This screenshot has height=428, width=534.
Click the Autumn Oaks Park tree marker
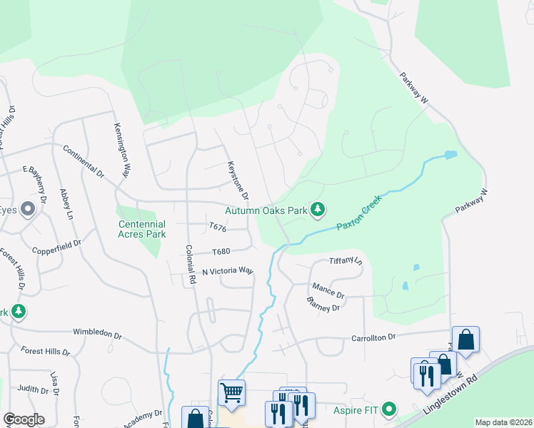click(318, 210)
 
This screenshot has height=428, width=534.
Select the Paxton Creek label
click(360, 212)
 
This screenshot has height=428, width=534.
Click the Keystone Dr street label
click(238, 180)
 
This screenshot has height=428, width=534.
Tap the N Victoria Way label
click(228, 271)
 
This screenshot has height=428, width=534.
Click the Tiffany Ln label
click(346, 261)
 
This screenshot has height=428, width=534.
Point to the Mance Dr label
click(328, 294)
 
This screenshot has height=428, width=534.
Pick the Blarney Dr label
click(324, 307)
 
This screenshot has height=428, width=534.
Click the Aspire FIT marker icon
click(389, 409)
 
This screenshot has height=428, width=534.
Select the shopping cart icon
click(231, 392)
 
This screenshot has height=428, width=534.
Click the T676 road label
click(218, 228)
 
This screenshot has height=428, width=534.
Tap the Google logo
click(24, 419)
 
